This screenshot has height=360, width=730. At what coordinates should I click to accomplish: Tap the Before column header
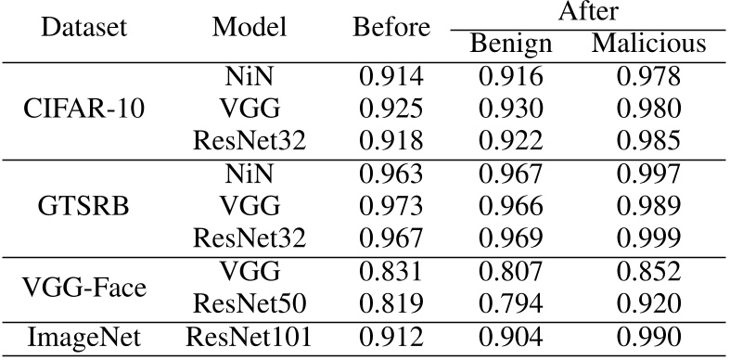click(391, 28)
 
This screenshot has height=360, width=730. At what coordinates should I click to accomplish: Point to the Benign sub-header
click(511, 45)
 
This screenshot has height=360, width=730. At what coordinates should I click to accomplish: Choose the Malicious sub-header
click(649, 45)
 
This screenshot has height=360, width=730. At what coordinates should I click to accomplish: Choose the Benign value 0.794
click(511, 301)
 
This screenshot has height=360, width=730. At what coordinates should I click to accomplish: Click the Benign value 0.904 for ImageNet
click(511, 339)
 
